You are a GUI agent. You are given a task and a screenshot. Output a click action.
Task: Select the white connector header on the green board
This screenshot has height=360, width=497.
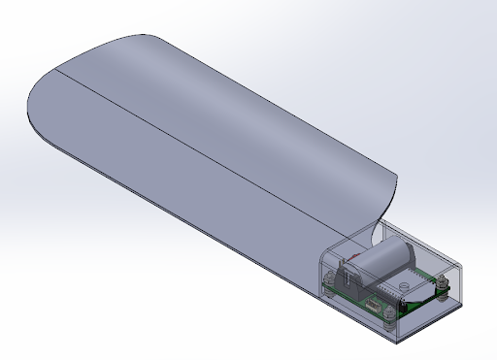[374, 304]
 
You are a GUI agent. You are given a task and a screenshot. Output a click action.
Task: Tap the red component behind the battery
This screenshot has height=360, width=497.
[355, 254]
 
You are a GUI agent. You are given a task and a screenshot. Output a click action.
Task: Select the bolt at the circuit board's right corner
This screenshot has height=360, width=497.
[443, 285]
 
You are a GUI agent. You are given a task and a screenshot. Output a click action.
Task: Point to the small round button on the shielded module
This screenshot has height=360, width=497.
[403, 285]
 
